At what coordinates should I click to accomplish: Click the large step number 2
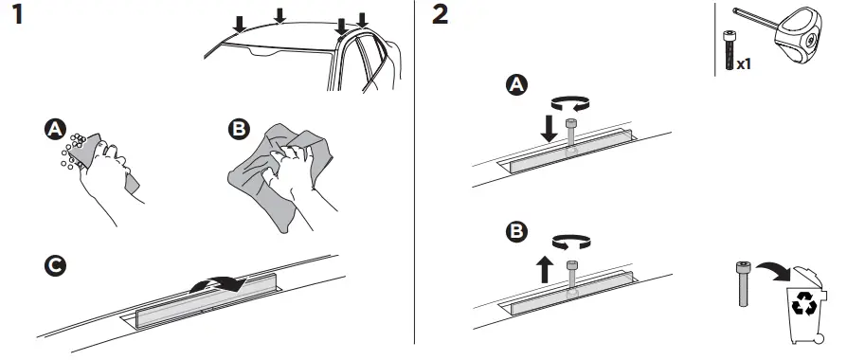point(441,18)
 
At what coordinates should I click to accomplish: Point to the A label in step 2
point(516,86)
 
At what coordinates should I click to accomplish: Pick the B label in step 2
point(516,230)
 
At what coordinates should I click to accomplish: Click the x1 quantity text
point(745,64)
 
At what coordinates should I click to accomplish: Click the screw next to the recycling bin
point(743,285)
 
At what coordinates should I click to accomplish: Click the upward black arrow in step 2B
point(545,271)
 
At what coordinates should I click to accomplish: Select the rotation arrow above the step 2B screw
point(571,244)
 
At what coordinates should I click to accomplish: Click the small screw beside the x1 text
point(727,49)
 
